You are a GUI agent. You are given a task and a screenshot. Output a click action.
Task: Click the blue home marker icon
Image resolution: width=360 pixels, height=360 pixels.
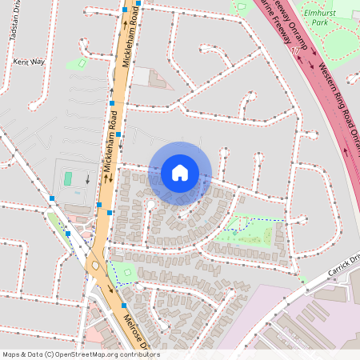[x=180, y=173]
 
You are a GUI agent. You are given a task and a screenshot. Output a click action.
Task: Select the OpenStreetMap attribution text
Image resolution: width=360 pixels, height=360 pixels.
[x=81, y=354]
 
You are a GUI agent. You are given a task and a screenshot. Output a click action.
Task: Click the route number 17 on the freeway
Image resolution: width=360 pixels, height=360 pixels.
[x=299, y=50]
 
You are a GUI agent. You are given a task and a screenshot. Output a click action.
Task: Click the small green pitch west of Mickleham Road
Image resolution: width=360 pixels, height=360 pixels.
[x=68, y=178]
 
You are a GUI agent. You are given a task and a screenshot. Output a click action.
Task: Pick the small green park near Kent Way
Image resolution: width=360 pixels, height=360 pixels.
[x=78, y=63]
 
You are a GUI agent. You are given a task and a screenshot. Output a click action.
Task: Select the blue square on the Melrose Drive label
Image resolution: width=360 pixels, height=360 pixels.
[x=125, y=305]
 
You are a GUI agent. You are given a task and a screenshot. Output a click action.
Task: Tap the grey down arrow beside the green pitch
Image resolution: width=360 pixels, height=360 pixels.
[x=87, y=179]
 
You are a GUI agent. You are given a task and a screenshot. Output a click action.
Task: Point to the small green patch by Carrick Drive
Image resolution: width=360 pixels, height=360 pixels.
[x=303, y=280]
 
